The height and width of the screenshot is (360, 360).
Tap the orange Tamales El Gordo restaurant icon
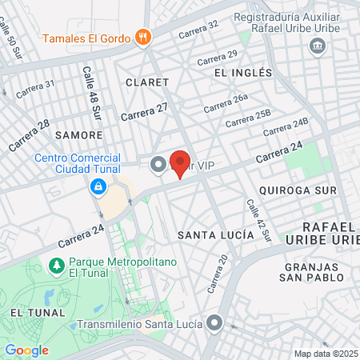[143, 36]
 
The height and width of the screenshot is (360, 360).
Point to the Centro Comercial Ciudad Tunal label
[78, 163]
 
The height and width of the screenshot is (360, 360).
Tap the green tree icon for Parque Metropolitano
[56, 264]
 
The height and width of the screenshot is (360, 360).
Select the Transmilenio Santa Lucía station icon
[214, 323]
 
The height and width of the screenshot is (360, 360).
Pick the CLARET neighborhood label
[147, 82]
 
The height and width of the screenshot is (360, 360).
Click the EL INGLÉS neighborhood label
[244, 72]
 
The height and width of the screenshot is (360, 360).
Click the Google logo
[26, 350]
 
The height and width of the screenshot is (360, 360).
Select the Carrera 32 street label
[198, 30]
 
